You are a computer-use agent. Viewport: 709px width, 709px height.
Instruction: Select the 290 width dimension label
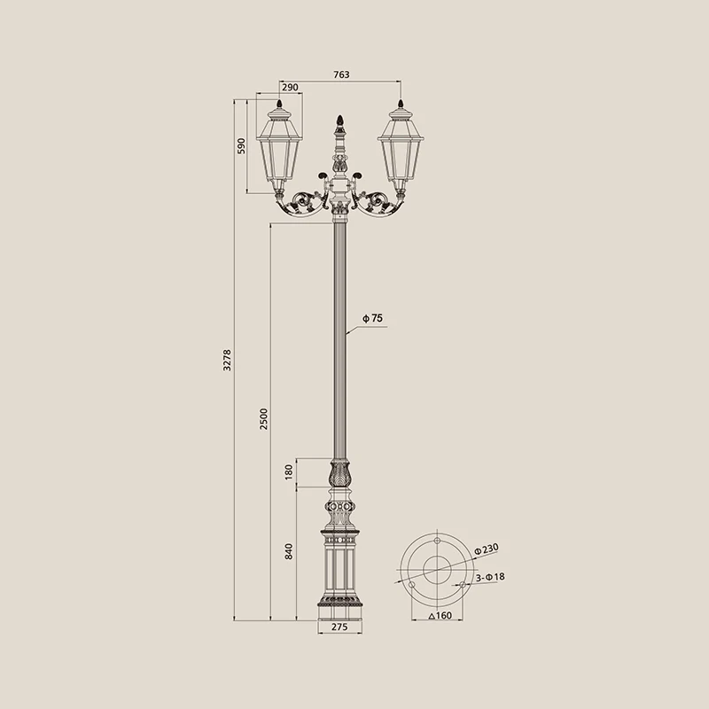click(x=290, y=88)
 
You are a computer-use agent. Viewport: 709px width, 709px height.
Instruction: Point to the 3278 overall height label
click(x=227, y=359)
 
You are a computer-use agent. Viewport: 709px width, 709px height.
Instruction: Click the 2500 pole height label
click(x=264, y=419)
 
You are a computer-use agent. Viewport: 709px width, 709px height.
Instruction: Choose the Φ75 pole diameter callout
click(x=371, y=317)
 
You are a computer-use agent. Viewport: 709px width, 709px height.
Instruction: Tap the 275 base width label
click(x=339, y=627)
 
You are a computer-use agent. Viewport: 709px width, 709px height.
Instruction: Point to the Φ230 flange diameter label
click(x=487, y=550)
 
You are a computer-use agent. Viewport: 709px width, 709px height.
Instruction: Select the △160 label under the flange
click(x=439, y=615)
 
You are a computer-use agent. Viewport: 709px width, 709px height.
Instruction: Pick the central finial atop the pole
click(x=339, y=121)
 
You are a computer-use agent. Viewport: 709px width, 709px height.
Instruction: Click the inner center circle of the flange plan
click(x=438, y=571)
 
